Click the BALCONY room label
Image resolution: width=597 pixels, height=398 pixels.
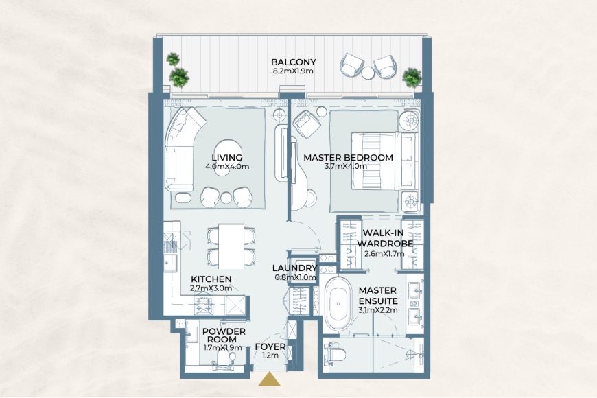click(294, 61)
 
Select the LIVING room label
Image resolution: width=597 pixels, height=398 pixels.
click(227, 157)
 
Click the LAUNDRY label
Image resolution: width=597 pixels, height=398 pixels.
click(294, 268)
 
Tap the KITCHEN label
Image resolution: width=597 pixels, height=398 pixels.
click(211, 279)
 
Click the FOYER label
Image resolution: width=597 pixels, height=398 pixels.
click(270, 347)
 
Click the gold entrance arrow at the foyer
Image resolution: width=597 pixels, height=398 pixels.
click(270, 380)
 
